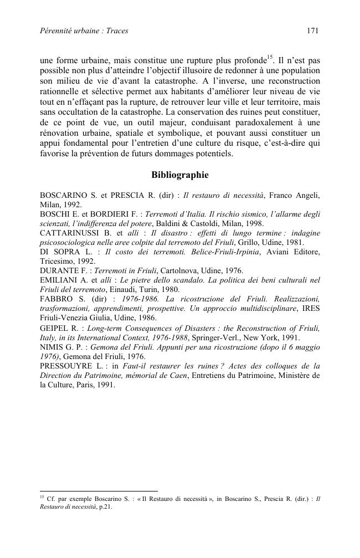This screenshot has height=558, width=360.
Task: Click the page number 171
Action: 312,31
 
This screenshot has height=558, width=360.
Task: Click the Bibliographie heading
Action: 180,175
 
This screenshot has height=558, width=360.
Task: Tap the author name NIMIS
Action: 53,347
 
